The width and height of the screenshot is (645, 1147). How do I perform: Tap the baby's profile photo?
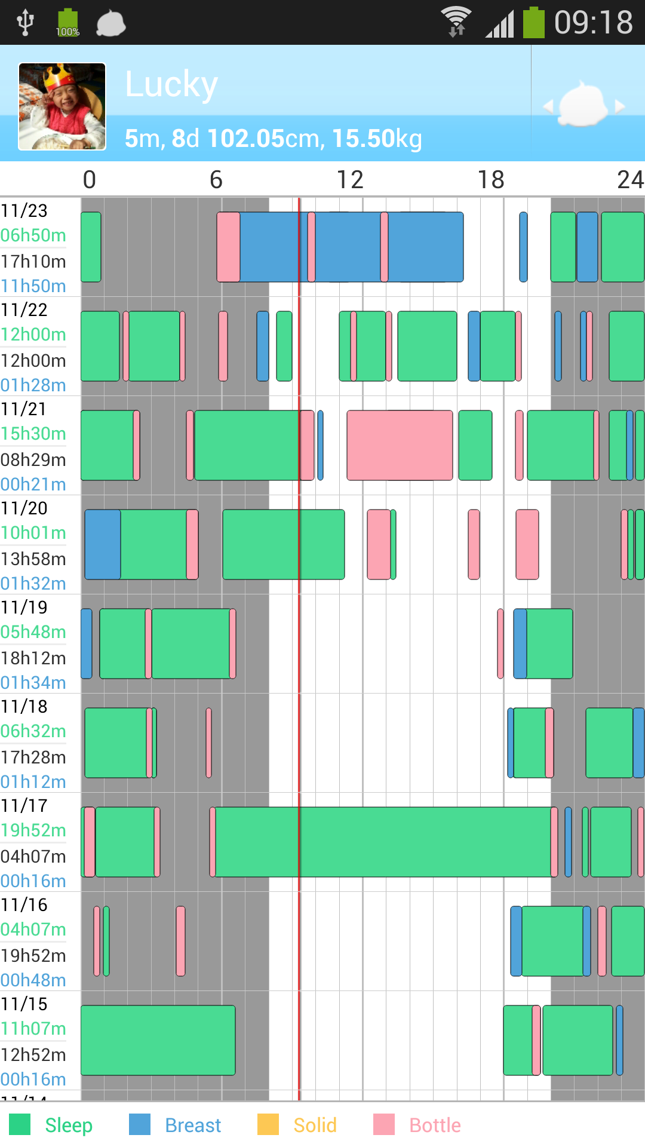62,106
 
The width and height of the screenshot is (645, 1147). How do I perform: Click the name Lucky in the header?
171,84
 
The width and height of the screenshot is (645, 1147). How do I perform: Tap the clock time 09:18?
592,23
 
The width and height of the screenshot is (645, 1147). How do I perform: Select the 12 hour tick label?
349,180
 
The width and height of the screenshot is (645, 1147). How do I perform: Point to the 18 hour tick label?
490,180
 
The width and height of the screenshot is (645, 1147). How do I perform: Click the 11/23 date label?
24,211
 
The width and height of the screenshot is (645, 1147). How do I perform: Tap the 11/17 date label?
24,806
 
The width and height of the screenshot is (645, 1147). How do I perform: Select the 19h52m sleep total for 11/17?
33,830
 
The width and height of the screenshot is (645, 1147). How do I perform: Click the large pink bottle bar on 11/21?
400,445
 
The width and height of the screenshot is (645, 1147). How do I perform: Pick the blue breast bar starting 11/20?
103,544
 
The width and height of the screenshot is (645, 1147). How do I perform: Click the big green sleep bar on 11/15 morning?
158,1040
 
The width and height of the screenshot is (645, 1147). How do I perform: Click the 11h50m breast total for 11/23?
33,286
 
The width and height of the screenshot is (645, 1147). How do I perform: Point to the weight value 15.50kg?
377,139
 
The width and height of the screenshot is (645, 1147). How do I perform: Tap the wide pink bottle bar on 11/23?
228,247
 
